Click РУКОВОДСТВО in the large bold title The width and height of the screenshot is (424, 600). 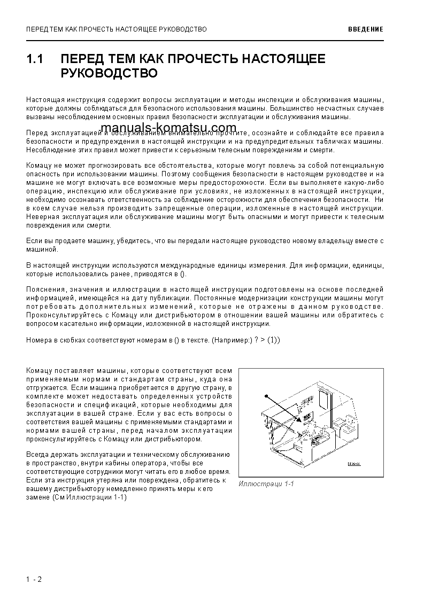[x=109, y=73]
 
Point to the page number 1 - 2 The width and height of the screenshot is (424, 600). [x=33, y=579]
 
